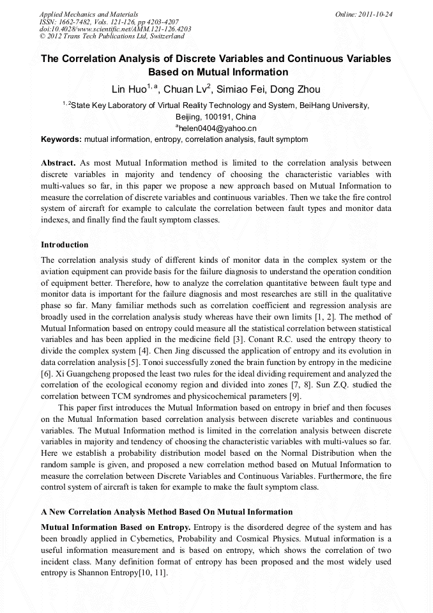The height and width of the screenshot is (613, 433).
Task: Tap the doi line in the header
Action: coord(115,29)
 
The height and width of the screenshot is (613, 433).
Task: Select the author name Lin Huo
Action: coord(129,89)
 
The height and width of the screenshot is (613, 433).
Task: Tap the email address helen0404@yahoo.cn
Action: coord(216,128)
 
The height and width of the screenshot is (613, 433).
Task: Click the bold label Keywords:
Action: coord(61,139)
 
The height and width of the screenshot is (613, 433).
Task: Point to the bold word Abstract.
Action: coord(58,163)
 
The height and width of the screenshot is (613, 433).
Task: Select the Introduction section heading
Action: coord(65,245)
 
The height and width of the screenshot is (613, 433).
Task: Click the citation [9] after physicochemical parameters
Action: coord(294,396)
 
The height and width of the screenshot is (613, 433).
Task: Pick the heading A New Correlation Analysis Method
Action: coord(167,512)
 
